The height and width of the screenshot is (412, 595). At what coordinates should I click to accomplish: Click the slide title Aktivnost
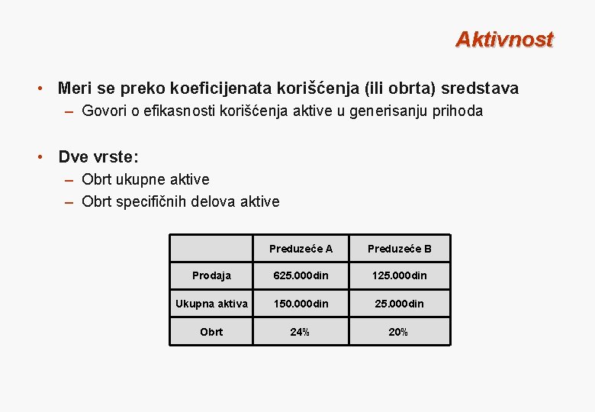503,40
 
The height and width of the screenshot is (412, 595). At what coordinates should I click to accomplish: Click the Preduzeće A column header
301,249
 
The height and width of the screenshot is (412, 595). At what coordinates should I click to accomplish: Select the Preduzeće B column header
399,249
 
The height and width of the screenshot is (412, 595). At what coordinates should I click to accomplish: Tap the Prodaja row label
211,275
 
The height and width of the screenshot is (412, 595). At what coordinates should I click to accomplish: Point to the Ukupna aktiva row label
211,304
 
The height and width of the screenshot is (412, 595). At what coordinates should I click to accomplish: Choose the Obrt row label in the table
211,332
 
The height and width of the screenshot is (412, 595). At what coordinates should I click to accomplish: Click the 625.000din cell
301,275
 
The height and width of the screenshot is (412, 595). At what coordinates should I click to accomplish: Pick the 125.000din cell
399,275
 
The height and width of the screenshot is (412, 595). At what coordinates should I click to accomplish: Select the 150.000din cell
301,304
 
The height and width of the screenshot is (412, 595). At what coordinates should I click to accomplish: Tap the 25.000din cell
399,304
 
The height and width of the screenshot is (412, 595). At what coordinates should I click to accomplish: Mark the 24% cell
301,332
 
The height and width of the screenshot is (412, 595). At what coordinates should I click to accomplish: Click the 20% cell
399,332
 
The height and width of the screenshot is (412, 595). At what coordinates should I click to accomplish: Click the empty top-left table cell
210,248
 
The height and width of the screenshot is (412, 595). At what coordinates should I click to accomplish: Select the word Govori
104,111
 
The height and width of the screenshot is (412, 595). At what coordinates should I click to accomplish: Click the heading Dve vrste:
98,157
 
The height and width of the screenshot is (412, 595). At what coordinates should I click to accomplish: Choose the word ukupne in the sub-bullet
142,180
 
